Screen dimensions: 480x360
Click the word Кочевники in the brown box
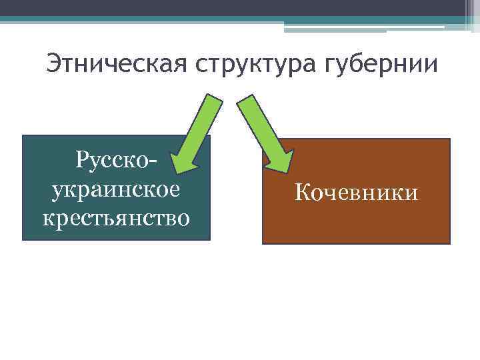point(357,193)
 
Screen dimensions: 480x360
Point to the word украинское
point(115,189)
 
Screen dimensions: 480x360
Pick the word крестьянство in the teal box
point(115,217)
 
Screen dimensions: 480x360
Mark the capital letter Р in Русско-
point(84,161)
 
